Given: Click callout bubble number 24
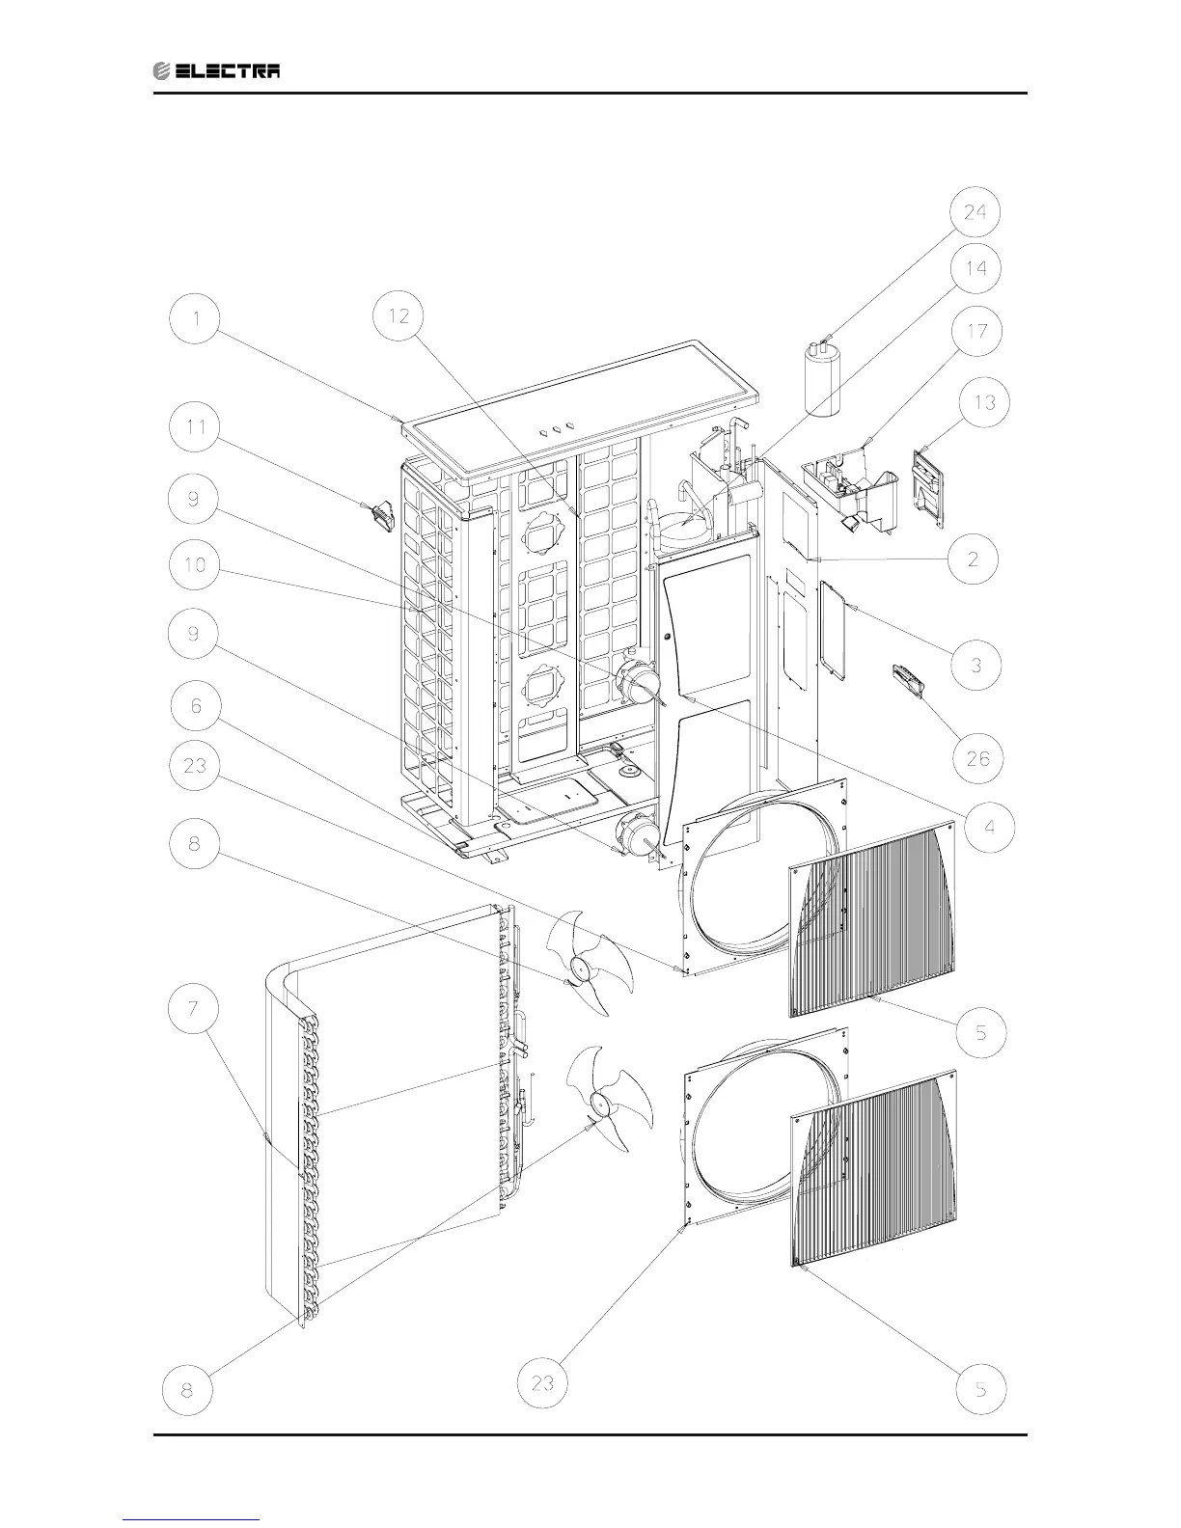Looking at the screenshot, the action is pos(975,212).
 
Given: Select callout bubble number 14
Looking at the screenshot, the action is pos(975,269).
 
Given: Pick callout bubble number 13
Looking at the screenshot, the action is pos(983,403).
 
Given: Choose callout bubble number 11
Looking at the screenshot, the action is pos(196,429).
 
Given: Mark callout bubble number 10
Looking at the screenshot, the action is pos(196,563).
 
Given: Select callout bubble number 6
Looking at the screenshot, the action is pos(196,707).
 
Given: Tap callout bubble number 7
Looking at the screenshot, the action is pos(196,1009).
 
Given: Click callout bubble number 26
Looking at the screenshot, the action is pos(976,758).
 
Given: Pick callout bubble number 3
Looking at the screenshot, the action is pos(976,665).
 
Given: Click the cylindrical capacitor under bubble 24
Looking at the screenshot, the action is pos(822,380).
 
